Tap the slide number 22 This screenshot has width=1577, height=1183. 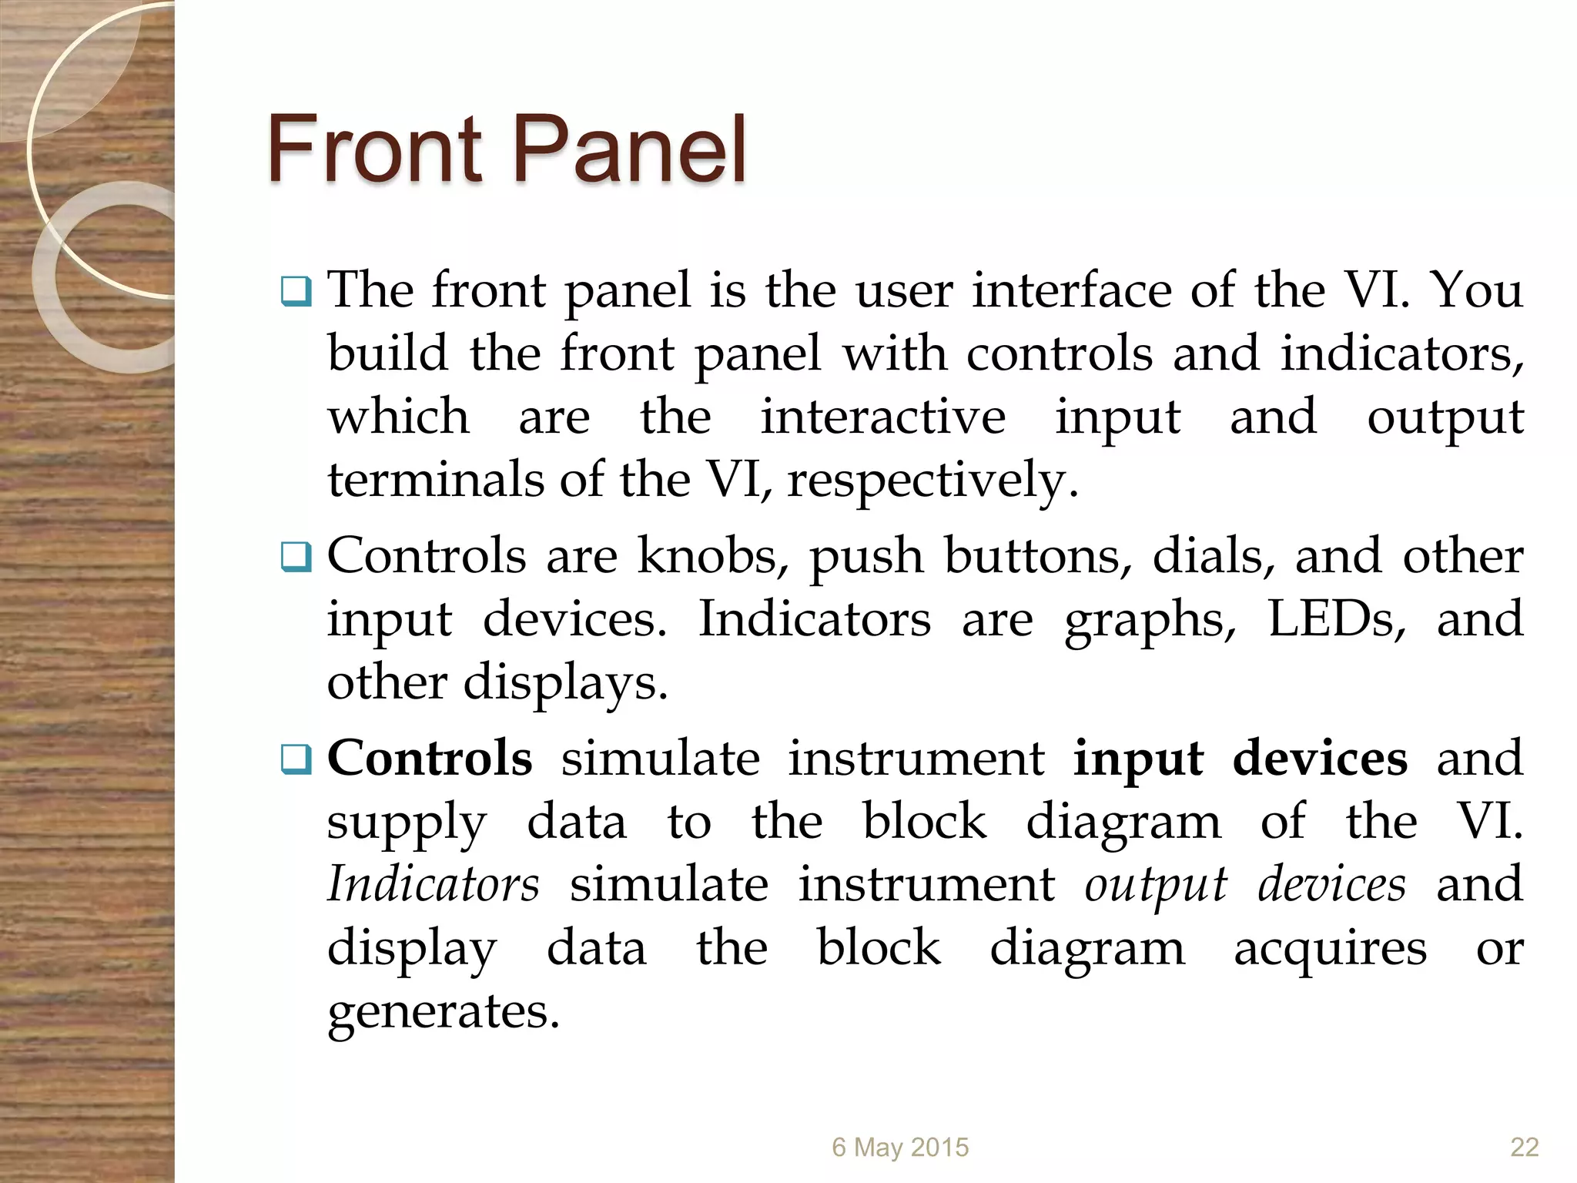[1524, 1148]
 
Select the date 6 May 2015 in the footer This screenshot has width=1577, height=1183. [899, 1148]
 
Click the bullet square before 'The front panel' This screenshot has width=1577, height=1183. [296, 292]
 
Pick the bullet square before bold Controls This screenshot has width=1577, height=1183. [296, 759]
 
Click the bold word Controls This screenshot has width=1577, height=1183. [430, 758]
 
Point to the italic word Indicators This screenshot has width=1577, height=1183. [433, 884]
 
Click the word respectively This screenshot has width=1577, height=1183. [932, 481]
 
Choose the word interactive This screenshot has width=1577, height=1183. [882, 417]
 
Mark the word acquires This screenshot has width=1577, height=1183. [1330, 949]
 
